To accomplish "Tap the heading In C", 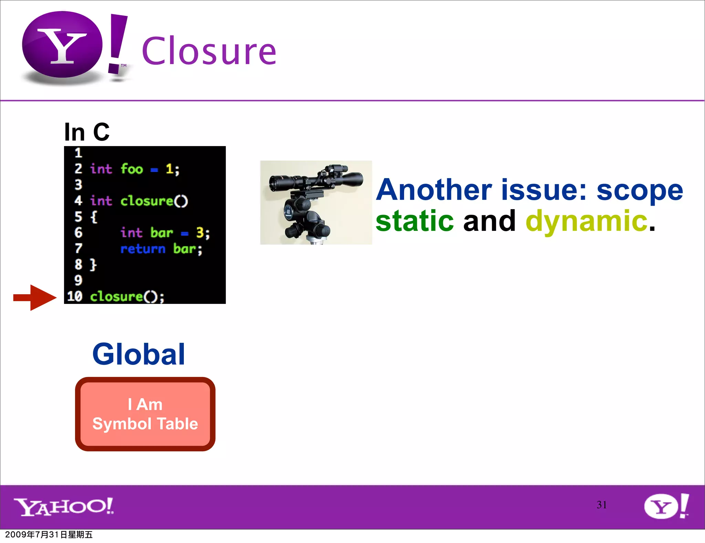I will point(87,132).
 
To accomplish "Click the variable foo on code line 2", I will point(131,169).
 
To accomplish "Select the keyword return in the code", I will point(143,249).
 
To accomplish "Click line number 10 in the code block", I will point(75,296).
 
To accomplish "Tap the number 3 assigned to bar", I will point(200,233).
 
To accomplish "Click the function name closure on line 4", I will point(147,201).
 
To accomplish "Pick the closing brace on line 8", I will point(93,265).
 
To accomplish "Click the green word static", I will point(414,221).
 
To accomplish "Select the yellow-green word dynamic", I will point(587,221).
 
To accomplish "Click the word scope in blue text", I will point(640,190).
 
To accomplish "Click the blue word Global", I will point(139,354).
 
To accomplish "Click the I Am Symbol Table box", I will point(145,414).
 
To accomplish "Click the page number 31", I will point(601,505).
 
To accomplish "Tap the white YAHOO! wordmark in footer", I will point(64,506).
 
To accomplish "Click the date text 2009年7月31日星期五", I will point(49,535).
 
